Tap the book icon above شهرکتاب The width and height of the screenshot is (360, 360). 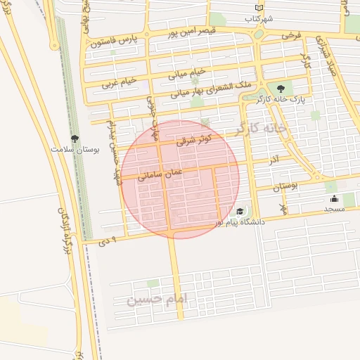click(260, 7)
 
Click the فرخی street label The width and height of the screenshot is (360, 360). click(290, 34)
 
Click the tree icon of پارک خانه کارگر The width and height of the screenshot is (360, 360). click(281, 89)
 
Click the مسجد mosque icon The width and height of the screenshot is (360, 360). click(333, 199)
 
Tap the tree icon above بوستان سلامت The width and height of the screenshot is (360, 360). click(75, 139)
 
